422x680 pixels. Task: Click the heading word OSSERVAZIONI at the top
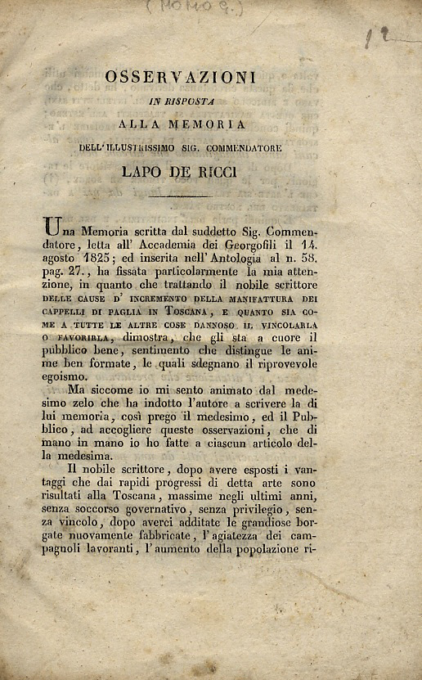(181, 77)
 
